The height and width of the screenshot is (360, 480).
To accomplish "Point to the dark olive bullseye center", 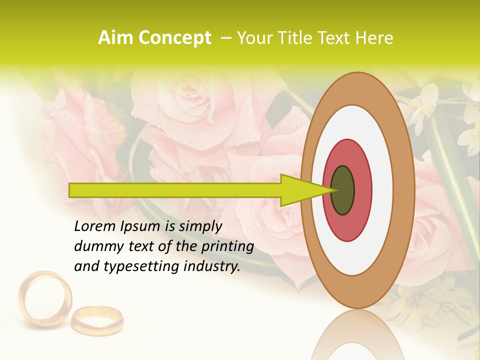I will pos(342,190).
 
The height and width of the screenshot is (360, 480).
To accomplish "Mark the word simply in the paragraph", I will pos(200,227).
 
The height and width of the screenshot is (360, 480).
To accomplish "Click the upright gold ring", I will pos(45,298).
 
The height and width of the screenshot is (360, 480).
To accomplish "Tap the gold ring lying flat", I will pos(97,320).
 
